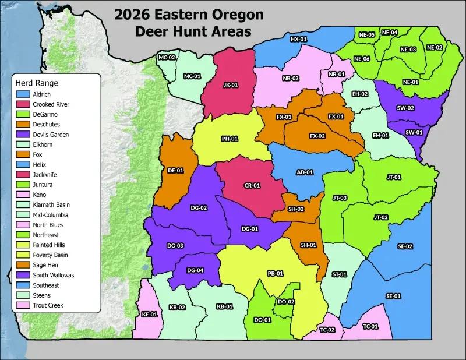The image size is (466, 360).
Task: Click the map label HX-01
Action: tap(298, 39)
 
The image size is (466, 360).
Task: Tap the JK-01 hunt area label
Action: tap(231, 84)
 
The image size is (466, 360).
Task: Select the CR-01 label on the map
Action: tap(251, 185)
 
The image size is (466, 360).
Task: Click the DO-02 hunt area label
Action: tap(286, 301)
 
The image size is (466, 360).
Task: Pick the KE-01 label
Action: tap(150, 315)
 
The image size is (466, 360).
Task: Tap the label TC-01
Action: tap(370, 326)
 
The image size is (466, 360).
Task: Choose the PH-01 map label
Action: tap(229, 139)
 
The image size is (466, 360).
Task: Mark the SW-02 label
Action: tap(405, 108)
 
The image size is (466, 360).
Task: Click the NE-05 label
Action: tap(366, 34)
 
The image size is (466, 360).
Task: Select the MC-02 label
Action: tap(167, 57)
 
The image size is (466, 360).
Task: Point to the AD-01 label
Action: tap(305, 172)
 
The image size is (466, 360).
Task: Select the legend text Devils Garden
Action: tap(51, 135)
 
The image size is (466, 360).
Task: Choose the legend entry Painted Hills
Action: tap(49, 245)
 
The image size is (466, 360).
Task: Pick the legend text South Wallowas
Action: tap(54, 275)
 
